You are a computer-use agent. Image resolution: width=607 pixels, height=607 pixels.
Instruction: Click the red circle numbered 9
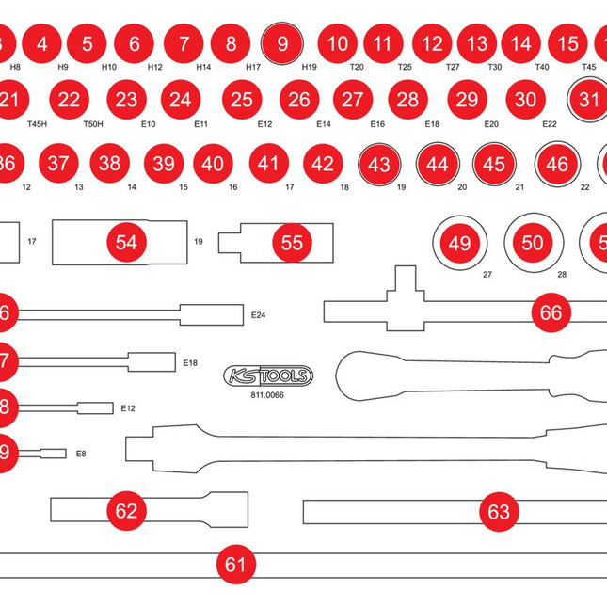point(282,43)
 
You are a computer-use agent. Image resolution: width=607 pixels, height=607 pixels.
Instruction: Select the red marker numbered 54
point(126,243)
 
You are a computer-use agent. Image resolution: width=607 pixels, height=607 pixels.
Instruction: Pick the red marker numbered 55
point(293,243)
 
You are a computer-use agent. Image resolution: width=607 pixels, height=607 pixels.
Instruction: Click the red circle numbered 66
point(551,312)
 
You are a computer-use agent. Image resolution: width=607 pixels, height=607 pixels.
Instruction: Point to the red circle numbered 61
point(235,565)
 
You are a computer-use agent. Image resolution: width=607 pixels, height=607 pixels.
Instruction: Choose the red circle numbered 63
point(499,512)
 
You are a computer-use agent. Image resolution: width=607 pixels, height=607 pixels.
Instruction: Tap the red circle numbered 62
point(126,511)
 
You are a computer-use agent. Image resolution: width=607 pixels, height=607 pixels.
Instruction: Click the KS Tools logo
point(269,376)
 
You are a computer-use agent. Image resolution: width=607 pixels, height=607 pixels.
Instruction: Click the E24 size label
point(259,316)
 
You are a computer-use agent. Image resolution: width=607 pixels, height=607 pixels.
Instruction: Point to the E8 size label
point(81,454)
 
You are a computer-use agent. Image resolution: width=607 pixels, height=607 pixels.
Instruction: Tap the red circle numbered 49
point(459,243)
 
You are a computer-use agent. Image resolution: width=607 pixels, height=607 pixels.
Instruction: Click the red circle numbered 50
point(533,243)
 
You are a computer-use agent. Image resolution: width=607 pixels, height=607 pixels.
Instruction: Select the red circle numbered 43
point(379,165)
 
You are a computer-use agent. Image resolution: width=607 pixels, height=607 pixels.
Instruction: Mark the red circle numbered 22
point(69,99)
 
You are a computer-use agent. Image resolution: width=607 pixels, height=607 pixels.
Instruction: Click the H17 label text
point(253,68)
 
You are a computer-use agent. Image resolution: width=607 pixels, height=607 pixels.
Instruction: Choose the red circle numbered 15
point(567,43)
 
